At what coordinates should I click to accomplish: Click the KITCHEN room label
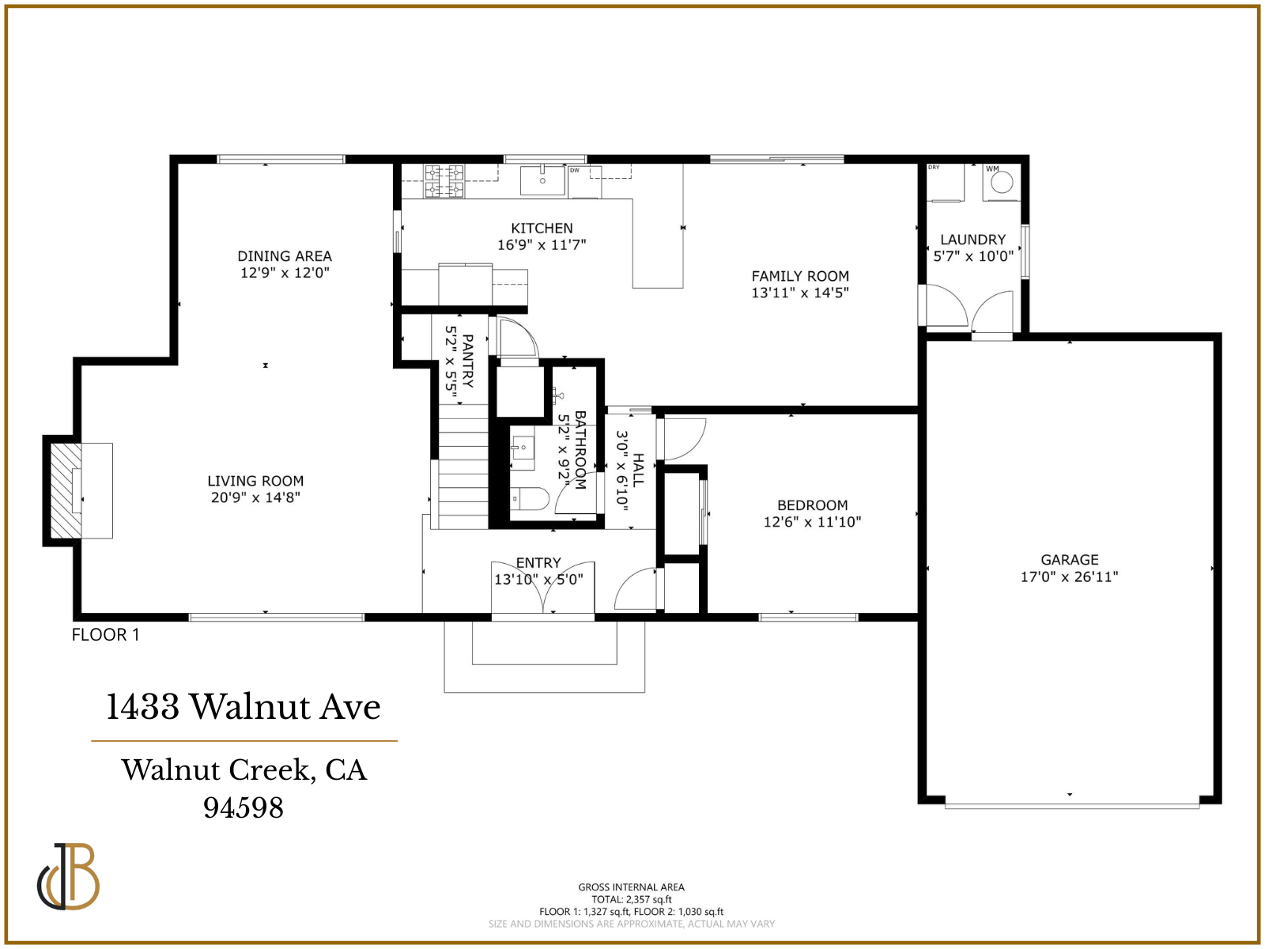[x=542, y=229]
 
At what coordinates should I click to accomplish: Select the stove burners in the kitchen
[x=444, y=180]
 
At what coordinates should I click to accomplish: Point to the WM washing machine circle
[x=1002, y=183]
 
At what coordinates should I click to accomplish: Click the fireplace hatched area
[x=66, y=490]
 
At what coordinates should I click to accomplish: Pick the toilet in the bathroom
[x=531, y=499]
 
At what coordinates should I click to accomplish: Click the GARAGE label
[x=1069, y=560]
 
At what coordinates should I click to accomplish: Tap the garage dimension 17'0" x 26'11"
[x=1069, y=577]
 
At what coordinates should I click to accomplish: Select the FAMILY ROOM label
[x=800, y=276]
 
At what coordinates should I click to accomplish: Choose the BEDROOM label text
[x=812, y=505]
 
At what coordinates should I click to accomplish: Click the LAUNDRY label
[x=972, y=240]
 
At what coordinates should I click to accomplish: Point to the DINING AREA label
[x=285, y=256]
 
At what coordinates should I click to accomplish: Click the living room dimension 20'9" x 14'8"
[x=255, y=497]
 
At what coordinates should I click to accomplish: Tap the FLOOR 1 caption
[x=105, y=635]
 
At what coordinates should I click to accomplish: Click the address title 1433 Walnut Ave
[x=244, y=707]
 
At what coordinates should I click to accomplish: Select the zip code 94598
[x=244, y=807]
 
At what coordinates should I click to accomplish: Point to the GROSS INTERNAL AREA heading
[x=631, y=887]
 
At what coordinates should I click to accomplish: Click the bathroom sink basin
[x=522, y=448]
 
